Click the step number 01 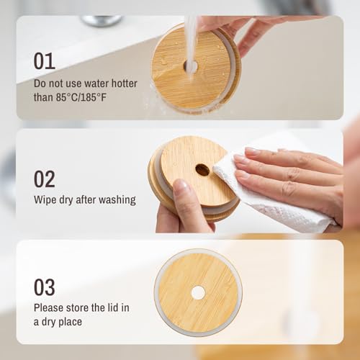pyautogui.click(x=45, y=61)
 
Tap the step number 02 pyautogui.click(x=45, y=179)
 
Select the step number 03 pyautogui.click(x=45, y=287)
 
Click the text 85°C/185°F pyautogui.click(x=81, y=97)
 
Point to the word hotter pyautogui.click(x=125, y=84)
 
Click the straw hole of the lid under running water pyautogui.click(x=191, y=66)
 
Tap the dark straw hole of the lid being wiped pyautogui.click(x=202, y=170)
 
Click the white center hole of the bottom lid pyautogui.click(x=198, y=292)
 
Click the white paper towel pyautogui.click(x=269, y=199)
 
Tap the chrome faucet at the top pyautogui.click(x=102, y=20)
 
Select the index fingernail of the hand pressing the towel pyautogui.click(x=251, y=151)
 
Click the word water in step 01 pyautogui.click(x=96, y=84)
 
